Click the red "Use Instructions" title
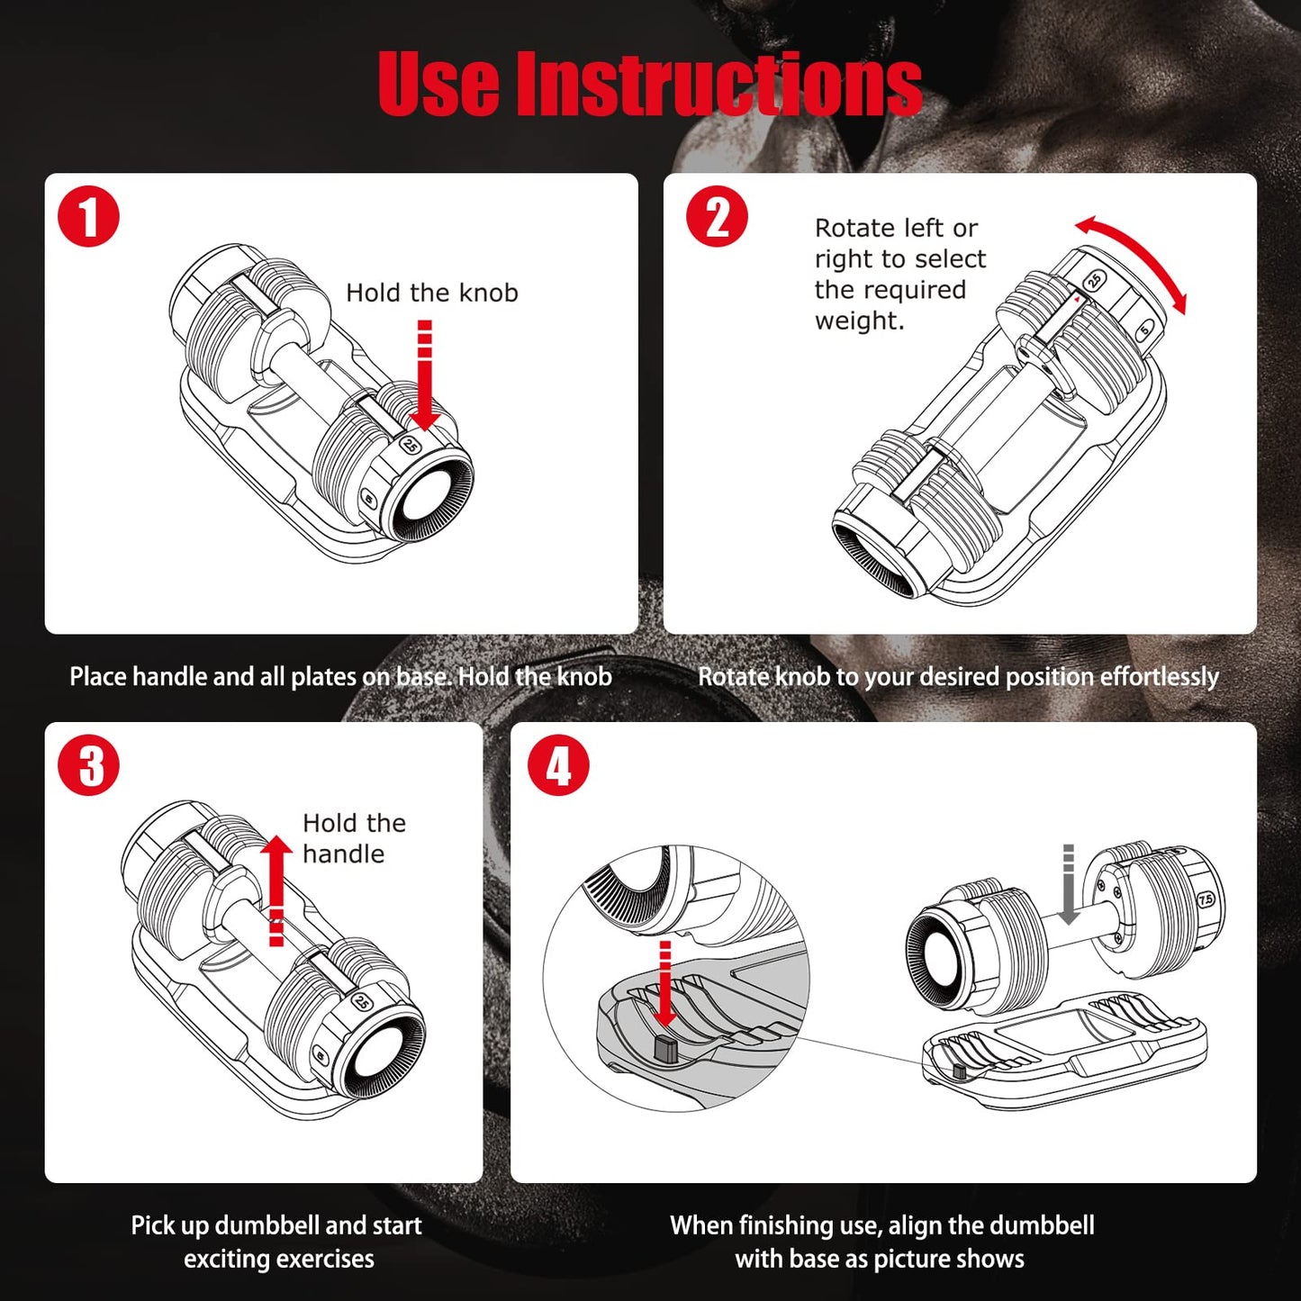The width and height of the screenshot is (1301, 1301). point(649,84)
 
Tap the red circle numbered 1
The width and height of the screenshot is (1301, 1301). point(88,217)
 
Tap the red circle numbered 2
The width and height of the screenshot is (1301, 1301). point(717,217)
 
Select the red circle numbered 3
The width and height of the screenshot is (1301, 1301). point(88,766)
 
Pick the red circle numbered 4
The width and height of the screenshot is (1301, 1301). point(558,766)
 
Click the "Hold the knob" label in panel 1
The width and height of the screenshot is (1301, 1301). point(431,293)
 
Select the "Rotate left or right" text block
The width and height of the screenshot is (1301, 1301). point(899,274)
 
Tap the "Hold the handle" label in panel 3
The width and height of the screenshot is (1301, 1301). point(353,838)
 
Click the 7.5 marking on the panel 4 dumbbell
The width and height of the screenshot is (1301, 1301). point(1206,899)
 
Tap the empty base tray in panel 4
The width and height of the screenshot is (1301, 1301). point(1062,1049)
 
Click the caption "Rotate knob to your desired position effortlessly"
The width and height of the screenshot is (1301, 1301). point(958,676)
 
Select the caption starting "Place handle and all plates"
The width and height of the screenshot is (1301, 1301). point(340,676)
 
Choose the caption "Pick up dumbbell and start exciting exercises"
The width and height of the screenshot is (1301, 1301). point(277,1242)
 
